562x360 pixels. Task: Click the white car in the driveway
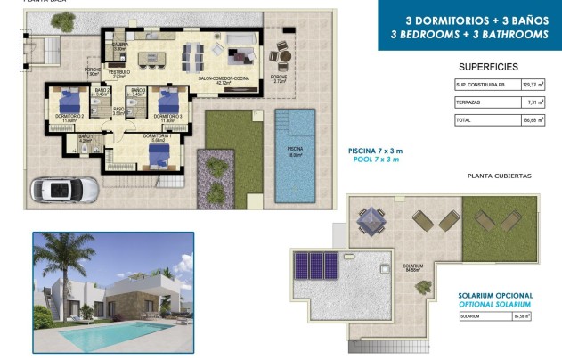coord(57,189)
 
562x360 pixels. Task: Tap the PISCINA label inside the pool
coord(294,151)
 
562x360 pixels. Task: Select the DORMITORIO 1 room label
coord(155,136)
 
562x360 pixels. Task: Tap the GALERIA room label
coord(119,45)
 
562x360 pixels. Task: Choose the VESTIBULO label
coord(119,72)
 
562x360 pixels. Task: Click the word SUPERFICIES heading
coord(488,67)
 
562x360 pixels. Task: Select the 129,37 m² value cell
coord(526,86)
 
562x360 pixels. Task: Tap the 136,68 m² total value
coord(526,120)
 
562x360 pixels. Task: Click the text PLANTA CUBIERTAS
coord(499,176)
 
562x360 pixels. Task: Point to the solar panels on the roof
coord(317,266)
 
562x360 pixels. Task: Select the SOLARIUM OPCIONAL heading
coord(496,296)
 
